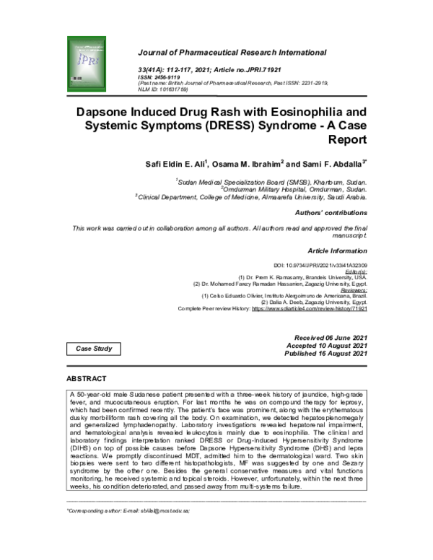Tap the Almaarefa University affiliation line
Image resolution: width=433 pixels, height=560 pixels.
(252, 196)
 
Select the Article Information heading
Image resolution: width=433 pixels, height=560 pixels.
(338, 250)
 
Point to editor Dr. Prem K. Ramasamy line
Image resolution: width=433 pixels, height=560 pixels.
(302, 277)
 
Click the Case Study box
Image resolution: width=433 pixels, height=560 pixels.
(95, 349)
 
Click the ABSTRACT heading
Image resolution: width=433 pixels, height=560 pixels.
(86, 379)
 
